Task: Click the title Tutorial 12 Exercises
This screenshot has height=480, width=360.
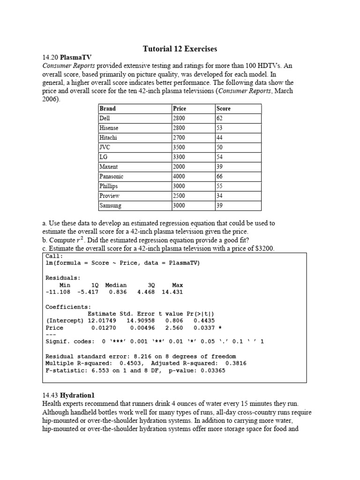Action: pyautogui.click(x=180, y=49)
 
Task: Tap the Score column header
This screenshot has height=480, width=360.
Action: pyautogui.click(x=224, y=108)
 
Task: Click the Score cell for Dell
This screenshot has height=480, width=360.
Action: pyautogui.click(x=220, y=118)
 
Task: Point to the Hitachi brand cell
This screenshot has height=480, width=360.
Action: pyautogui.click(x=108, y=137)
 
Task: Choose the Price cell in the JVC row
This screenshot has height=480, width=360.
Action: pyautogui.click(x=179, y=147)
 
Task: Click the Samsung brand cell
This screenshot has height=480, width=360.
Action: pyautogui.click(x=110, y=205)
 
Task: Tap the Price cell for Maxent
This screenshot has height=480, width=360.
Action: pyautogui.click(x=179, y=166)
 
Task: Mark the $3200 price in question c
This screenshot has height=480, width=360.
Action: pyautogui.click(x=263, y=248)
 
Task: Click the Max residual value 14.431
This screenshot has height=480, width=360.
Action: pyautogui.click(x=172, y=292)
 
